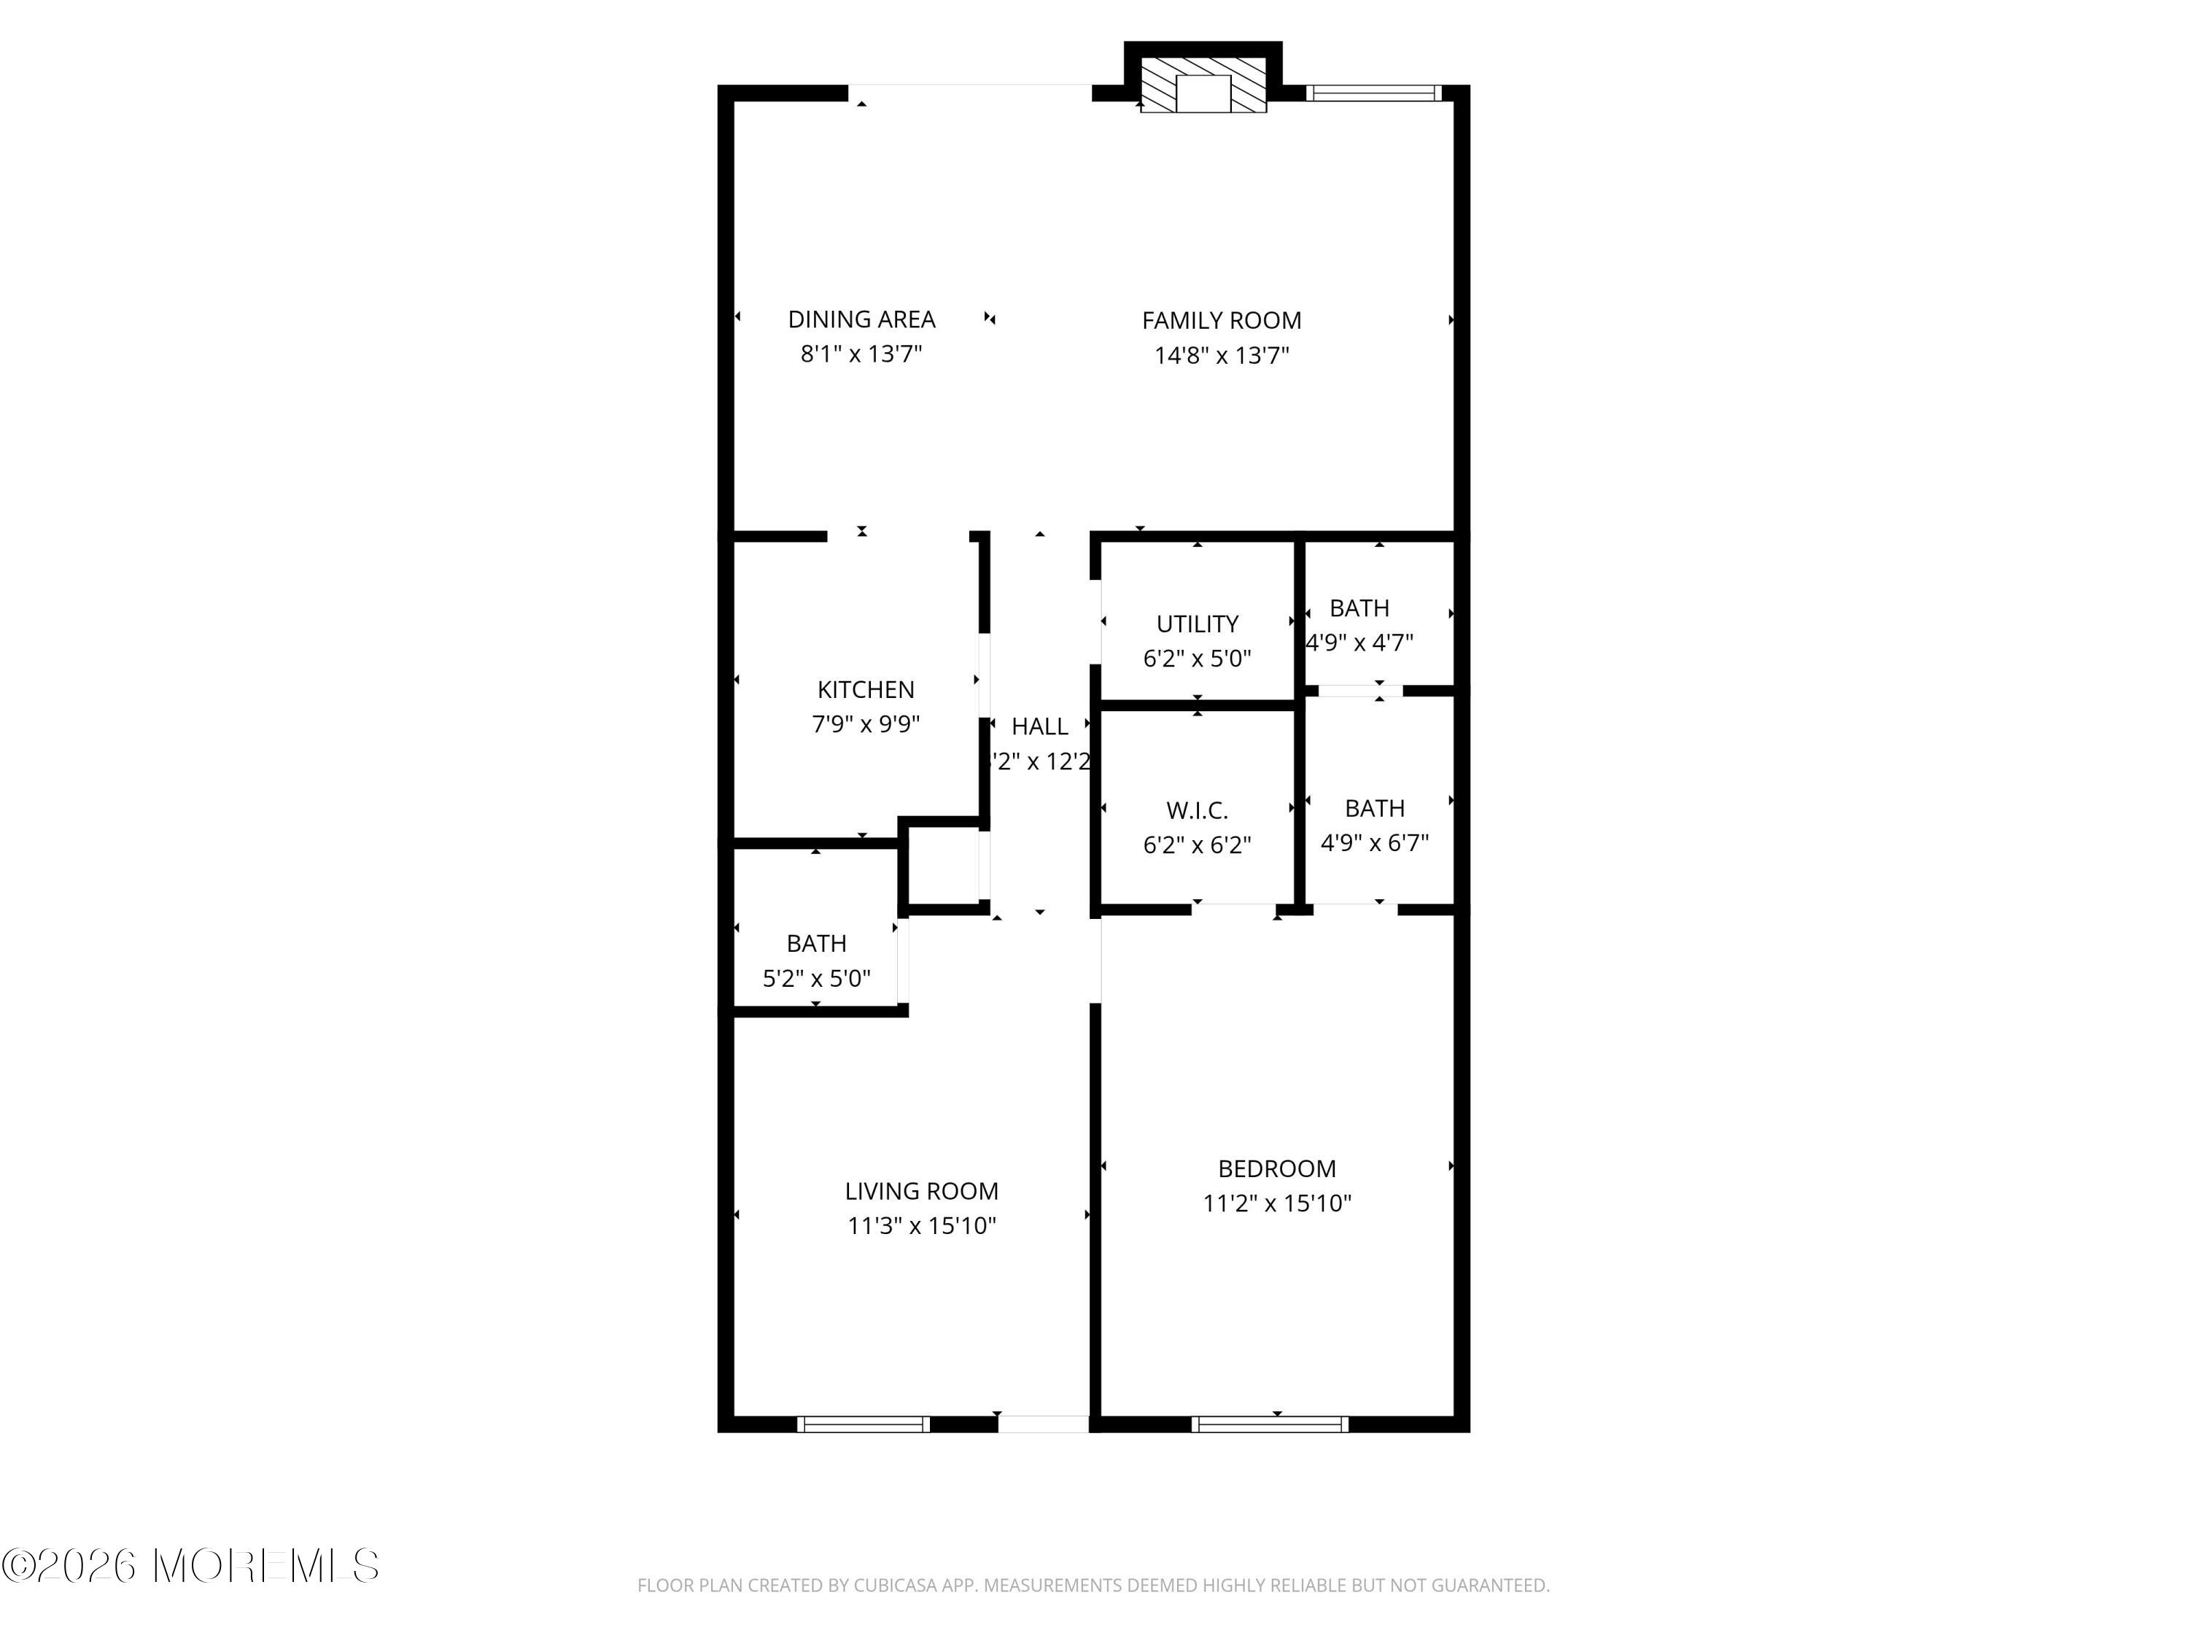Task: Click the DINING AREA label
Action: pos(861,319)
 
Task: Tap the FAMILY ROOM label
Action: pos(1221,320)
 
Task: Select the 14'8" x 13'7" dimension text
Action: pos(1221,355)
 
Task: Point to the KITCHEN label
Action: pos(866,689)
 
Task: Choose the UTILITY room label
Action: pos(1197,624)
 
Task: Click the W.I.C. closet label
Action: pos(1197,811)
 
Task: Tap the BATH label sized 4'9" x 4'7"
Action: pos(1358,608)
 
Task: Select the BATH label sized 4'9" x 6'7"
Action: pos(1374,808)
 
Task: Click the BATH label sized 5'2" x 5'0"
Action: pos(816,944)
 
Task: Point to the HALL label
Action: pos(1039,727)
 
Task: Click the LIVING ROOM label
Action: pos(921,1191)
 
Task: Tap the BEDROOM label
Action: pos(1276,1169)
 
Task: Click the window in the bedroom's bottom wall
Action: pos(1269,1424)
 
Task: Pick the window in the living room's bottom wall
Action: pos(864,1424)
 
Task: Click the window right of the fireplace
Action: pos(1373,93)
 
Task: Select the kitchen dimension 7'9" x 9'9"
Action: pos(866,724)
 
